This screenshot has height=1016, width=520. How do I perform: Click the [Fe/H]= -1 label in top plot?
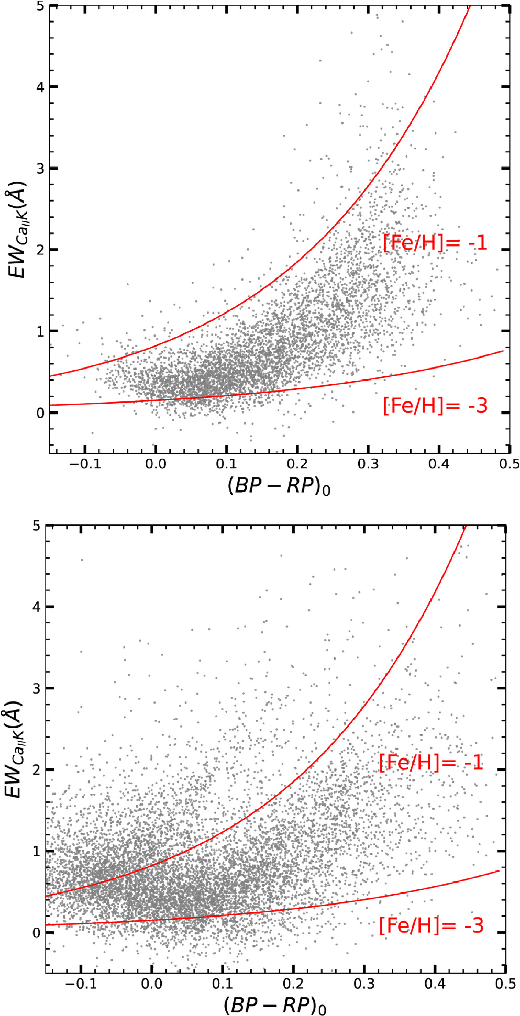[435, 243]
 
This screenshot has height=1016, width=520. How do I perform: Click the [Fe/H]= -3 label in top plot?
[435, 406]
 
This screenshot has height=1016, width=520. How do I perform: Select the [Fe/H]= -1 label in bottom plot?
[431, 763]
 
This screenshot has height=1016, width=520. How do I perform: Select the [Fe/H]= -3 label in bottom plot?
[431, 925]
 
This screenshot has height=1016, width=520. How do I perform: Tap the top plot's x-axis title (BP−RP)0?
[279, 487]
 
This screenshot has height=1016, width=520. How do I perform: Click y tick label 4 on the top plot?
[39, 87]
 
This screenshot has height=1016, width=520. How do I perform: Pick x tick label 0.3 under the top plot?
[368, 465]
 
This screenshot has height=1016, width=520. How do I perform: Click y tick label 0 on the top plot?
[39, 413]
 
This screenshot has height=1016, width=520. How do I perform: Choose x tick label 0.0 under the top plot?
[156, 465]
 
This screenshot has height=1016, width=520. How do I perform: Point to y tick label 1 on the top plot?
[39, 331]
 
